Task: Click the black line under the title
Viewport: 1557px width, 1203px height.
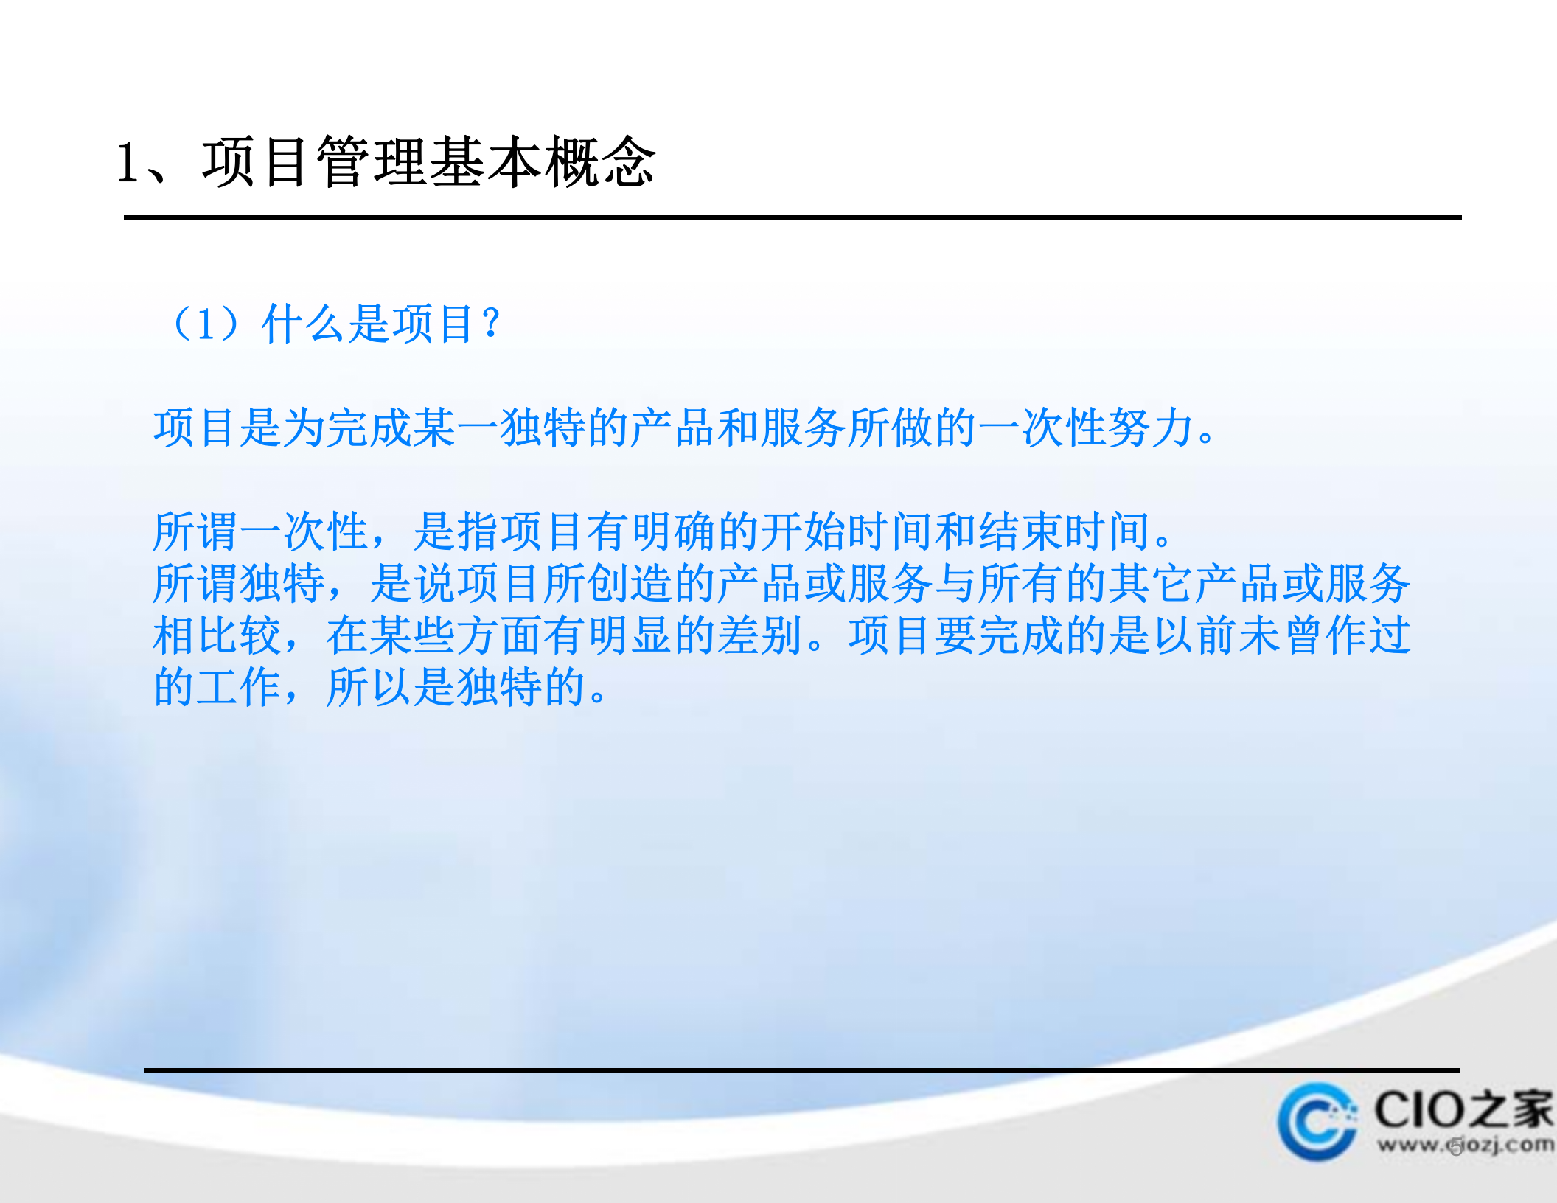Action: tap(792, 217)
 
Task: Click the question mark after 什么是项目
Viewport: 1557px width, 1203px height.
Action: tap(490, 324)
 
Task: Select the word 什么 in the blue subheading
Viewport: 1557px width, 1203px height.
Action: tap(303, 324)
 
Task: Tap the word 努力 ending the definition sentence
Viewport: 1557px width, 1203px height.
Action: tap(1151, 428)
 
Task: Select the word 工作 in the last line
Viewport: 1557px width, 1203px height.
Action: tap(240, 688)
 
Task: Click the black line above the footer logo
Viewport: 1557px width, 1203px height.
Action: tap(801, 1070)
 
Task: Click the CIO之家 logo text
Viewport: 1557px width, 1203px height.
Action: tap(1463, 1109)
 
